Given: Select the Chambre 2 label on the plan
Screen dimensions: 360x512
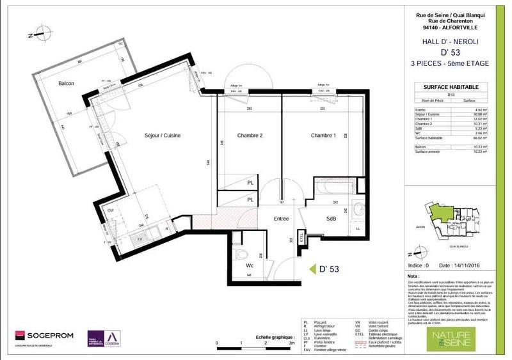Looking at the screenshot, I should [250, 136].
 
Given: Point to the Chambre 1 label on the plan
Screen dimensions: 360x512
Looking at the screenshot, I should [324, 136].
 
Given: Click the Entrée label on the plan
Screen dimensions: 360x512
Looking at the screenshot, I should [281, 219].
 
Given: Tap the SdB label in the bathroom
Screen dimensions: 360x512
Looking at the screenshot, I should [332, 219].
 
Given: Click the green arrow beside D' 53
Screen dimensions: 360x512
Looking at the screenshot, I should [313, 269].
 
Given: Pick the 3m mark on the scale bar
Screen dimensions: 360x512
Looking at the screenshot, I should [292, 343].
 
